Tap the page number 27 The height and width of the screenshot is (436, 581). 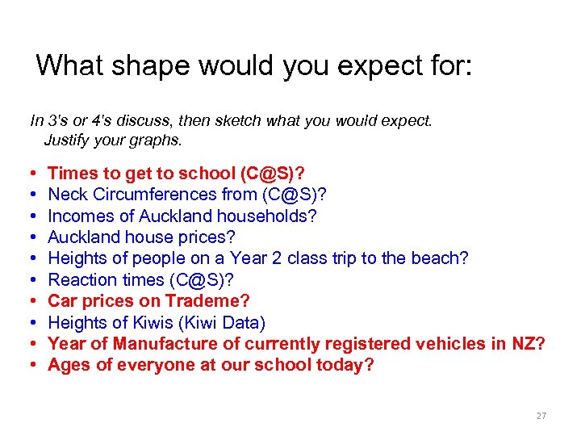tap(541, 416)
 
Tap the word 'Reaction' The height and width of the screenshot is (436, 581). tap(77, 279)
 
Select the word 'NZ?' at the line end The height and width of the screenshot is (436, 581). tap(529, 344)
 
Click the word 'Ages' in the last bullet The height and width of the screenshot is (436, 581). tap(67, 365)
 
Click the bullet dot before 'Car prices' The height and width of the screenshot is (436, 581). tap(30, 301)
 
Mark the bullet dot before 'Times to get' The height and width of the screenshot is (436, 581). tap(30, 173)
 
